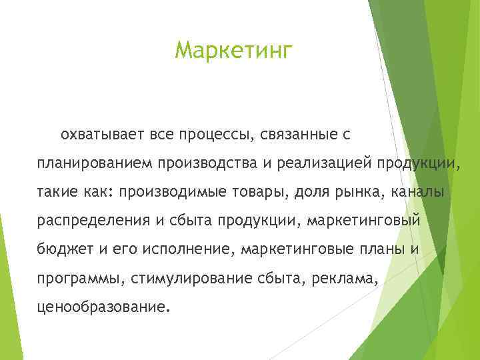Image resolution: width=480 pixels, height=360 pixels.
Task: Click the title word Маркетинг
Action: pyautogui.click(x=233, y=51)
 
